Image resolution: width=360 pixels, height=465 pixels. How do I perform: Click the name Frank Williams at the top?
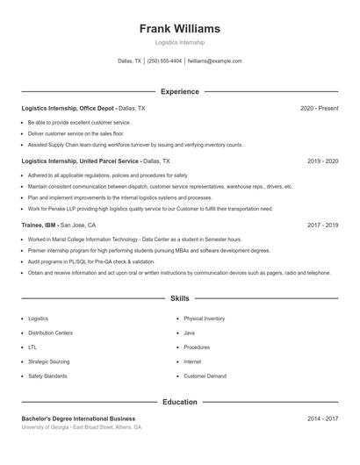(180, 29)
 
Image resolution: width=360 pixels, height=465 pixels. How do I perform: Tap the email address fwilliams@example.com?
(215, 61)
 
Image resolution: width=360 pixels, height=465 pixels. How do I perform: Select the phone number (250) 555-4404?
(164, 61)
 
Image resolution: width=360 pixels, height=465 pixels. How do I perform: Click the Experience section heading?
(180, 91)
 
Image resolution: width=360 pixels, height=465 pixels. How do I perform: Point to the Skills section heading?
(180, 299)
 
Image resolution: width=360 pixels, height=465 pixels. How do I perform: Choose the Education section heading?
(180, 402)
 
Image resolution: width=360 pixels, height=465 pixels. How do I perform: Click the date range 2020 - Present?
(319, 108)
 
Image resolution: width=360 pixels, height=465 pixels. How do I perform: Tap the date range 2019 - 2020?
(322, 161)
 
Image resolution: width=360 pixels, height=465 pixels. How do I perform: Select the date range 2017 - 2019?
(322, 225)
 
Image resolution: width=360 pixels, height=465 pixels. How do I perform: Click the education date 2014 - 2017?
(322, 419)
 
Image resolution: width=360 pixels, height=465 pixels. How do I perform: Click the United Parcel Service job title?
(80, 161)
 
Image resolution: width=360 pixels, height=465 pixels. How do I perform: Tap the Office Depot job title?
(68, 108)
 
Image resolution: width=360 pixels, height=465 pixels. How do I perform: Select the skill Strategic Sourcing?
(48, 361)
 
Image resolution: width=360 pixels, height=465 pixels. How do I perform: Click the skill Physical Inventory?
(204, 318)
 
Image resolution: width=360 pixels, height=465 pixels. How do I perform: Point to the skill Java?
(189, 333)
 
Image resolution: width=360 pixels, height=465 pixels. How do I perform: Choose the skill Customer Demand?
(205, 376)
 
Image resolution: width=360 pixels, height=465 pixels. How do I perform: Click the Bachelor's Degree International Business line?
(78, 419)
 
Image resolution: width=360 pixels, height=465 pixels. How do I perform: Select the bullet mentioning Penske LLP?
(150, 209)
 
